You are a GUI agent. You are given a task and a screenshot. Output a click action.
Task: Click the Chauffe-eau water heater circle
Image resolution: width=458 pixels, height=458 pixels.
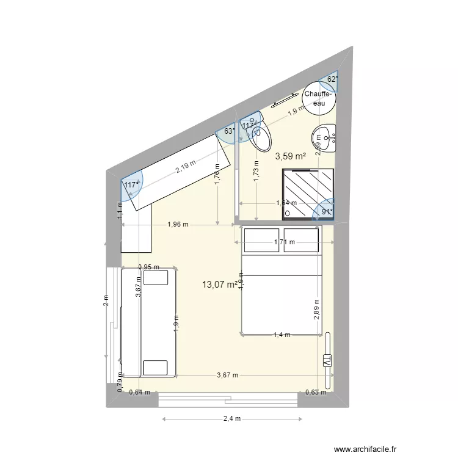[319, 98]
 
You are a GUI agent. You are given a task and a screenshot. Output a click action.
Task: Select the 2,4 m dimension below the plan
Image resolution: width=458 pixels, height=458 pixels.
[233, 419]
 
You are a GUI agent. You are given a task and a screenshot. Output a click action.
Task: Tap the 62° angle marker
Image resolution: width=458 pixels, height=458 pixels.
[332, 79]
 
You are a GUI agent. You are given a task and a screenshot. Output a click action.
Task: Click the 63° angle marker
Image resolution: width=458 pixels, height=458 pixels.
[229, 131]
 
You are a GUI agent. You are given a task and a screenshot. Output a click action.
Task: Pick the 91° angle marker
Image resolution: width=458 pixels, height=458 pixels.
[327, 213]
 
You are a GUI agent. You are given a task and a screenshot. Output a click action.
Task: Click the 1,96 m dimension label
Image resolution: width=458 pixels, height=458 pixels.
[178, 224]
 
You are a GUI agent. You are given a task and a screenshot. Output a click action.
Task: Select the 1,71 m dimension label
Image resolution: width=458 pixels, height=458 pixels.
[284, 242]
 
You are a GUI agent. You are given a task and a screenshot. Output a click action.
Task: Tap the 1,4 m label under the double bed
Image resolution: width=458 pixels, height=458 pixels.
[282, 335]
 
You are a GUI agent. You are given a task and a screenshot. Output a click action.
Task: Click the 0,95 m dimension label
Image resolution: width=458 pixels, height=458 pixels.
[148, 267]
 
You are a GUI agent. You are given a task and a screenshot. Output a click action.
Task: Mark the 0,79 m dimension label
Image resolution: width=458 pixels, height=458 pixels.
[120, 384]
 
